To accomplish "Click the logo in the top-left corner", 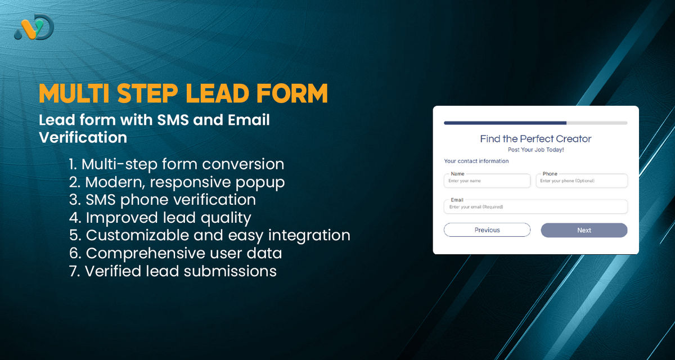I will coord(34,27).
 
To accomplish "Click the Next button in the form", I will coord(584,230).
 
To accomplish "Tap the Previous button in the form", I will coord(487,230).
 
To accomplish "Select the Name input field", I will coord(487,181).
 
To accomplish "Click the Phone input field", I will coord(582,181).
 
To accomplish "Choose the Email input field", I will coord(535,207).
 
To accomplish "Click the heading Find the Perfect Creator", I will coord(535,139).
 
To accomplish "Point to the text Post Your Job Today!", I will coord(535,150).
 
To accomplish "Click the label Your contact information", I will coord(476,161).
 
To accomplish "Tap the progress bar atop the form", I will coord(535,123).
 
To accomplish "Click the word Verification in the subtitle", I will coord(83,137).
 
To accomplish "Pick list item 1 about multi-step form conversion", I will coord(176,164).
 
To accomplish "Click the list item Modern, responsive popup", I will coord(177,182).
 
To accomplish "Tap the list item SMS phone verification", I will coord(162,200).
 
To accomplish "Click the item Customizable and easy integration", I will coord(209,235).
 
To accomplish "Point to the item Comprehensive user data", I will coord(175,253).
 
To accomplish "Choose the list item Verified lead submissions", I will coord(172,271).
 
